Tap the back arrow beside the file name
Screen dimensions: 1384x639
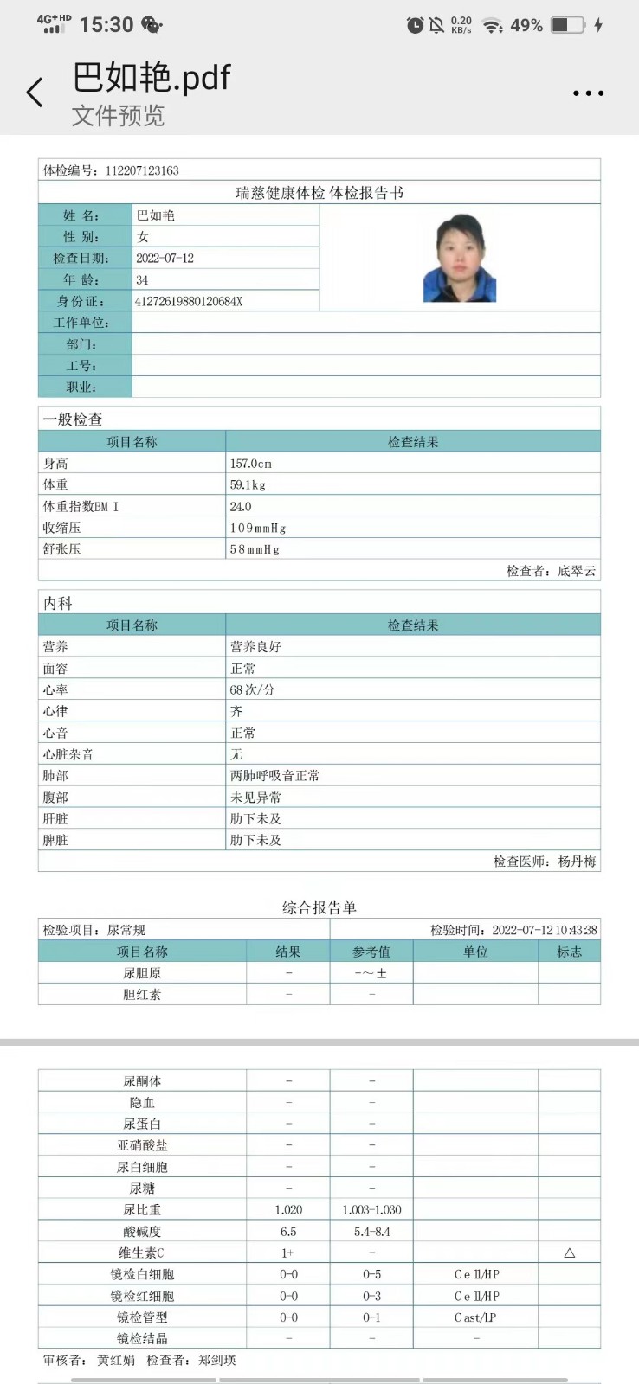pyautogui.click(x=35, y=93)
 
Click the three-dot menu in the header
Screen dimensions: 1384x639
pyautogui.click(x=588, y=93)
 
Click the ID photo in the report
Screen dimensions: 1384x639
pyautogui.click(x=460, y=258)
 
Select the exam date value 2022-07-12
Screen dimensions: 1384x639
pyautogui.click(x=165, y=259)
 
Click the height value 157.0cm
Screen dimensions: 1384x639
pyautogui.click(x=251, y=464)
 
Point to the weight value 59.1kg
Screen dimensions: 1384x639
pyautogui.click(x=248, y=485)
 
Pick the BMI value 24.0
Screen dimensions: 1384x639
pyautogui.click(x=241, y=507)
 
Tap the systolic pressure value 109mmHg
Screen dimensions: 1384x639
pyautogui.click(x=258, y=528)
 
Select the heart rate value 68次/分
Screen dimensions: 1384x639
pyautogui.click(x=253, y=690)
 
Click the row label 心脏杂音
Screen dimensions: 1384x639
pyautogui.click(x=68, y=754)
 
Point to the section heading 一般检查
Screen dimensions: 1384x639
pyautogui.click(x=73, y=420)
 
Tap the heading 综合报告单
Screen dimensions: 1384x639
pyautogui.click(x=319, y=907)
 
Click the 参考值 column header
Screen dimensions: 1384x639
pyautogui.click(x=371, y=951)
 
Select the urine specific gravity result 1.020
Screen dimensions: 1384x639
pyautogui.click(x=288, y=1210)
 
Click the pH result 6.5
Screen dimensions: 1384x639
pyautogui.click(x=288, y=1232)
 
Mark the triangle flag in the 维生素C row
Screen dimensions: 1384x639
pyautogui.click(x=569, y=1253)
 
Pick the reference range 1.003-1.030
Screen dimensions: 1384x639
pyautogui.click(x=371, y=1210)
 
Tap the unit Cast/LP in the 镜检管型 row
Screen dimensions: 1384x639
pyautogui.click(x=475, y=1317)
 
